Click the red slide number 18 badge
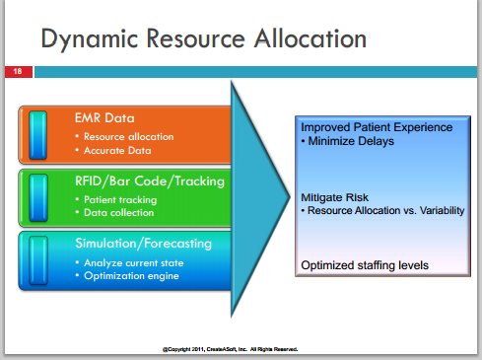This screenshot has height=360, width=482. [19, 72]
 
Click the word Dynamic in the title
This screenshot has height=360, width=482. [90, 39]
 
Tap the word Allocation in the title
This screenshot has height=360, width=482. [310, 38]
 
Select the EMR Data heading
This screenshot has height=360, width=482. [104, 118]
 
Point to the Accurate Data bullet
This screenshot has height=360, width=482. [117, 151]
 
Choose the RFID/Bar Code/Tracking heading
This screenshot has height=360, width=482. [150, 181]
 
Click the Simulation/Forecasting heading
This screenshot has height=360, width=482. [143, 244]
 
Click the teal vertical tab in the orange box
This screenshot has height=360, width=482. [38, 135]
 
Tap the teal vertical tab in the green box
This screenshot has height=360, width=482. [38, 197]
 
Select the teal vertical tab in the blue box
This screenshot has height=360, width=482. [38, 260]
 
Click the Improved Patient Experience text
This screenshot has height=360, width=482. [377, 127]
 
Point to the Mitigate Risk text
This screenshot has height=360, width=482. [334, 197]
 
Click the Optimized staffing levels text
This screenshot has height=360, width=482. [365, 265]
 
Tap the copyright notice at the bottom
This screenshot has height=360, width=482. [230, 349]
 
